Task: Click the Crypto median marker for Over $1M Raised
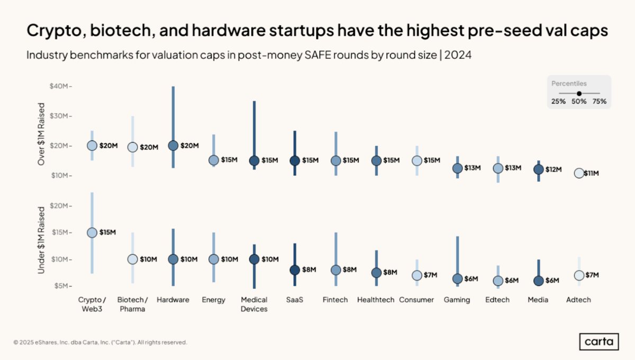point(92,146)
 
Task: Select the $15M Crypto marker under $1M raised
point(92,232)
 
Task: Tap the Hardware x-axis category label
point(173,300)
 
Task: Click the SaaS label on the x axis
point(295,300)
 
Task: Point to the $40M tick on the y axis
point(59,86)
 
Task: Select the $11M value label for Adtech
point(592,173)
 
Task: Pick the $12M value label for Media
point(551,169)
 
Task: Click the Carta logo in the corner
point(597,341)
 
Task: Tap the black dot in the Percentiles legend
point(579,93)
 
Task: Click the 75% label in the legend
point(600,102)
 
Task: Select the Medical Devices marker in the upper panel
point(254,160)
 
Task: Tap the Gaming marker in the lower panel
point(458,278)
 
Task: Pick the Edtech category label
point(498,300)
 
